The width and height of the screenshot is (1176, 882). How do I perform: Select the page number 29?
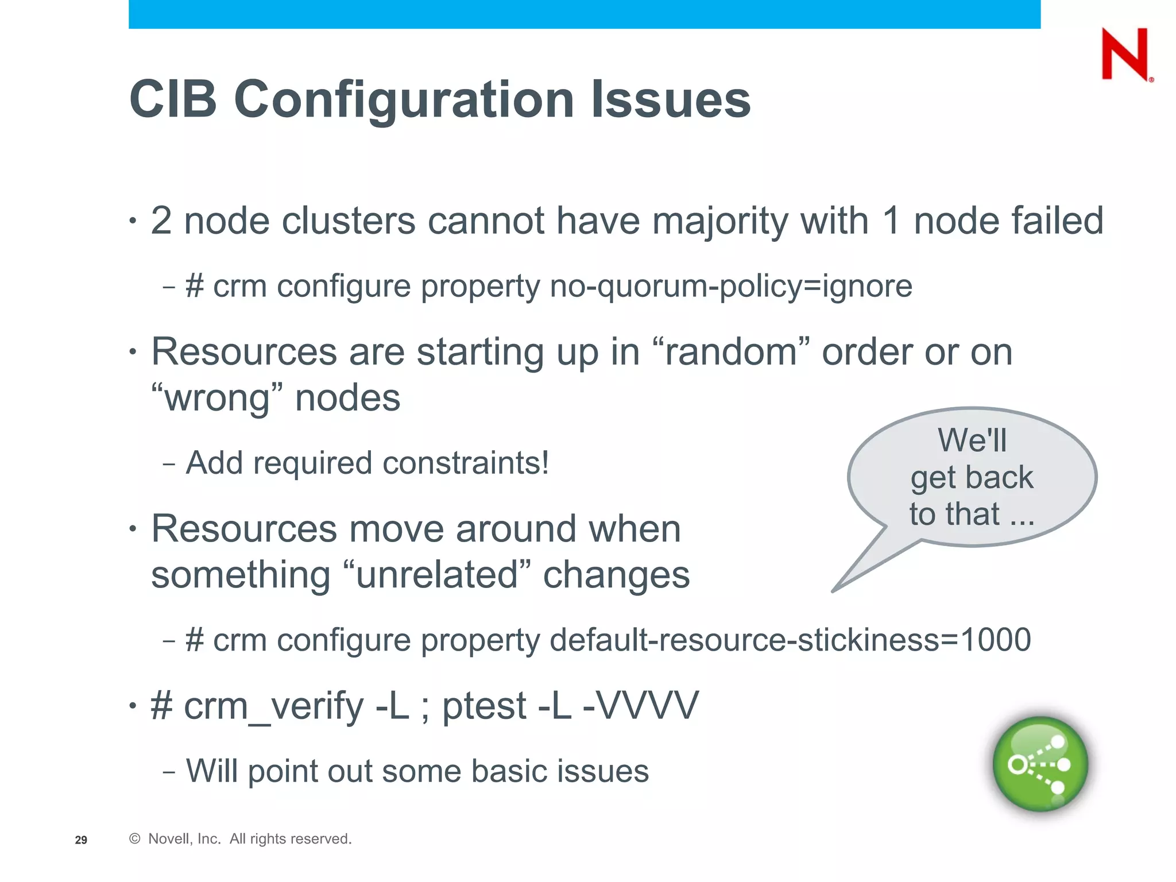pos(81,840)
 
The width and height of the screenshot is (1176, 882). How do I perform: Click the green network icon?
pos(1040,764)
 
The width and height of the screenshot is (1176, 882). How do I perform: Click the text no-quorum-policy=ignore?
pos(730,286)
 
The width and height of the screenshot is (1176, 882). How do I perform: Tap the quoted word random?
pos(732,351)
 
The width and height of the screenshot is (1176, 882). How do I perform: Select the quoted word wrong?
pos(218,398)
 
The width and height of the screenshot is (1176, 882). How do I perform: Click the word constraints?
pos(466,463)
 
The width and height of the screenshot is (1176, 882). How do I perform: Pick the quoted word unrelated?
pos(436,575)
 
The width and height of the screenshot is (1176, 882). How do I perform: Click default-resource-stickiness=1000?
pos(790,640)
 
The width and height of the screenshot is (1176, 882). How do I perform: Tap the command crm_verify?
pos(273,706)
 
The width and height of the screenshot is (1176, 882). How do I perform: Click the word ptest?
pos(483,706)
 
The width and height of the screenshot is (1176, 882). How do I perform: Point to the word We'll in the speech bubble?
pos(972,440)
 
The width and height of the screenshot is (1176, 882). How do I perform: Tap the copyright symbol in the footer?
pos(135,839)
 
